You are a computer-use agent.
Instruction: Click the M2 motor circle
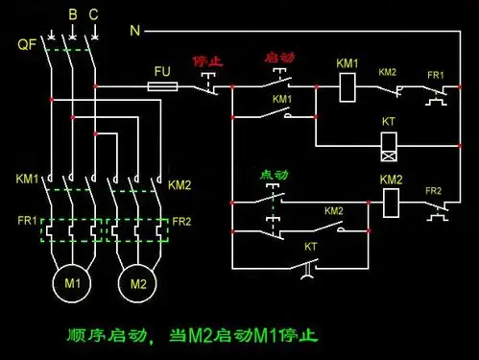(x=138, y=283)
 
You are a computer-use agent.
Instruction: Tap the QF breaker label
(x=27, y=45)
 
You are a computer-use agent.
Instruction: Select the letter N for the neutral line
(x=135, y=31)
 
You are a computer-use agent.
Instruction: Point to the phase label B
(x=72, y=15)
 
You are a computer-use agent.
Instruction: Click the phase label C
(x=93, y=15)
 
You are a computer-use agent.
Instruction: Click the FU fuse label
(x=161, y=71)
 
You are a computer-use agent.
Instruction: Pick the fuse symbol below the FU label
(x=161, y=86)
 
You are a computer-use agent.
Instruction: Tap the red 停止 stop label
(x=208, y=60)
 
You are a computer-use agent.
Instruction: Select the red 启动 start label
(x=278, y=59)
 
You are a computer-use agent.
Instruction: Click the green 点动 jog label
(x=274, y=175)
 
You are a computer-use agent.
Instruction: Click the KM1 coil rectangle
(x=347, y=87)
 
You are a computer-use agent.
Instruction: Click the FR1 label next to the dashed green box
(x=26, y=221)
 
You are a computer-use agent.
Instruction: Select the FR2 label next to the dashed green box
(x=181, y=221)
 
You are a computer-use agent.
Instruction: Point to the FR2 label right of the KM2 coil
(x=434, y=190)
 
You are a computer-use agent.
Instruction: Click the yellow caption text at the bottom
(x=191, y=336)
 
